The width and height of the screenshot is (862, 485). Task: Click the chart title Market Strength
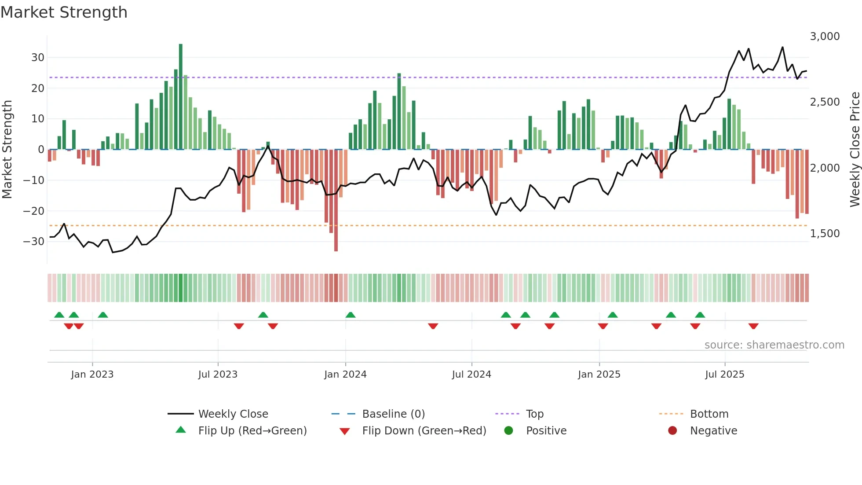point(64,12)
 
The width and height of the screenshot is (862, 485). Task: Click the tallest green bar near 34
point(181,97)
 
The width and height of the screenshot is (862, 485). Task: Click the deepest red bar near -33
point(336,200)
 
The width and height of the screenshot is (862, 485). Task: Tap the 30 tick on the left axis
point(38,58)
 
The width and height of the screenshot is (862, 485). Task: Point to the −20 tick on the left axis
point(34,211)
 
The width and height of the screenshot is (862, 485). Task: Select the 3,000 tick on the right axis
point(825,37)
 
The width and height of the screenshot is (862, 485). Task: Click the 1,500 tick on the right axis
point(825,234)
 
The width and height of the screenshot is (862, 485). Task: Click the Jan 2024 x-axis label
point(345,375)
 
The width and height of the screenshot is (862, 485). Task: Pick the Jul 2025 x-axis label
point(724,375)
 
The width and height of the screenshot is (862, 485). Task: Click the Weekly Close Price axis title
point(855,150)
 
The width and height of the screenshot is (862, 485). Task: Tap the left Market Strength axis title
point(7,150)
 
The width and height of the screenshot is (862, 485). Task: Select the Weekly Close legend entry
point(233,414)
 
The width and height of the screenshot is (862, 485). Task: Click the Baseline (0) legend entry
point(393,414)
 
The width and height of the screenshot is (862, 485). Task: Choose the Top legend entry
point(534,414)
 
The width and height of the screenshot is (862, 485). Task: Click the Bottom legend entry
point(709,414)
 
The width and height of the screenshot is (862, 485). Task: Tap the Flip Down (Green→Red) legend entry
point(424,431)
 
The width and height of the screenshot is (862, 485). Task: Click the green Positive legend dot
point(508,431)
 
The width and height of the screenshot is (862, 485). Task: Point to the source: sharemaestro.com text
point(774,345)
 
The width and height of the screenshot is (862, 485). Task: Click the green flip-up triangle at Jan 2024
point(351,315)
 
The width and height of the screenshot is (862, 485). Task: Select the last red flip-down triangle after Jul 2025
point(753,326)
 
